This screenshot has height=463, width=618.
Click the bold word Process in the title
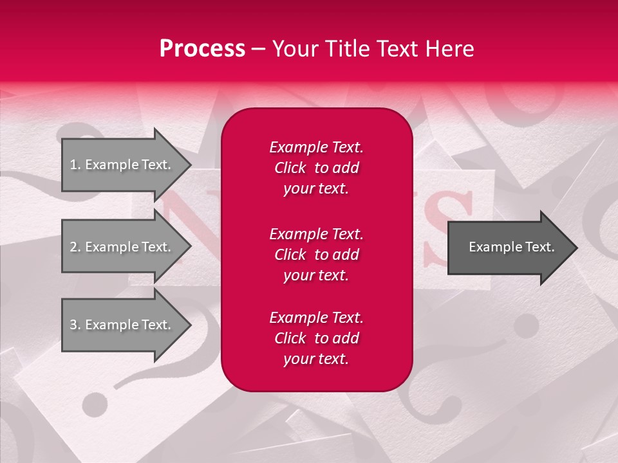click(202, 49)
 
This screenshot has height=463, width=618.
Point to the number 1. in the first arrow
click(75, 165)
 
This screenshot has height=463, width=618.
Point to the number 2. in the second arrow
click(75, 247)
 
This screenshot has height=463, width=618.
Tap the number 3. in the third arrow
click(75, 325)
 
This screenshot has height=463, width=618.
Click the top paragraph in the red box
click(316, 168)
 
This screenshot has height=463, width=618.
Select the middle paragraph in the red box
click(316, 255)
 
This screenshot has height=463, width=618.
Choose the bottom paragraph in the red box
click(316, 338)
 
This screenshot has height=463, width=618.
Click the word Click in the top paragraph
click(290, 168)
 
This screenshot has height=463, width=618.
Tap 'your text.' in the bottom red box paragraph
click(316, 359)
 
